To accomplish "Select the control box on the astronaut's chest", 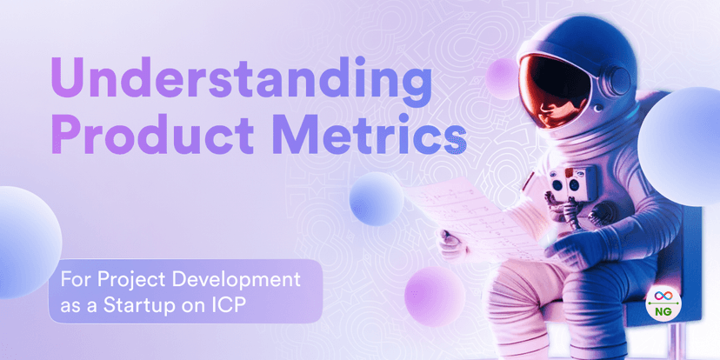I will pos(566,183).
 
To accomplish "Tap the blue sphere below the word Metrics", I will pos(377,197).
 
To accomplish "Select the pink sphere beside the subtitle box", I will pos(431,296).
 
